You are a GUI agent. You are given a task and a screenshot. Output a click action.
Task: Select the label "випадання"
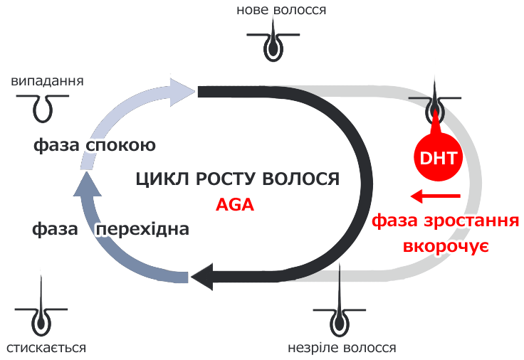(48, 80)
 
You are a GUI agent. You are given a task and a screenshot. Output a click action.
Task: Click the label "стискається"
(46, 348)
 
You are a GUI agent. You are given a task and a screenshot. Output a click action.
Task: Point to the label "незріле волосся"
(342, 348)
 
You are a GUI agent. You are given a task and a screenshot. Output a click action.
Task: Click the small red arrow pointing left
(436, 196)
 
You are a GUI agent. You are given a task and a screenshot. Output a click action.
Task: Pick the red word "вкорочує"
(445, 246)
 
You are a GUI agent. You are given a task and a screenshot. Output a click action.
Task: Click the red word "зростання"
(473, 222)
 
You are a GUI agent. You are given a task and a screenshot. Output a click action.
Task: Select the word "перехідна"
(142, 230)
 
